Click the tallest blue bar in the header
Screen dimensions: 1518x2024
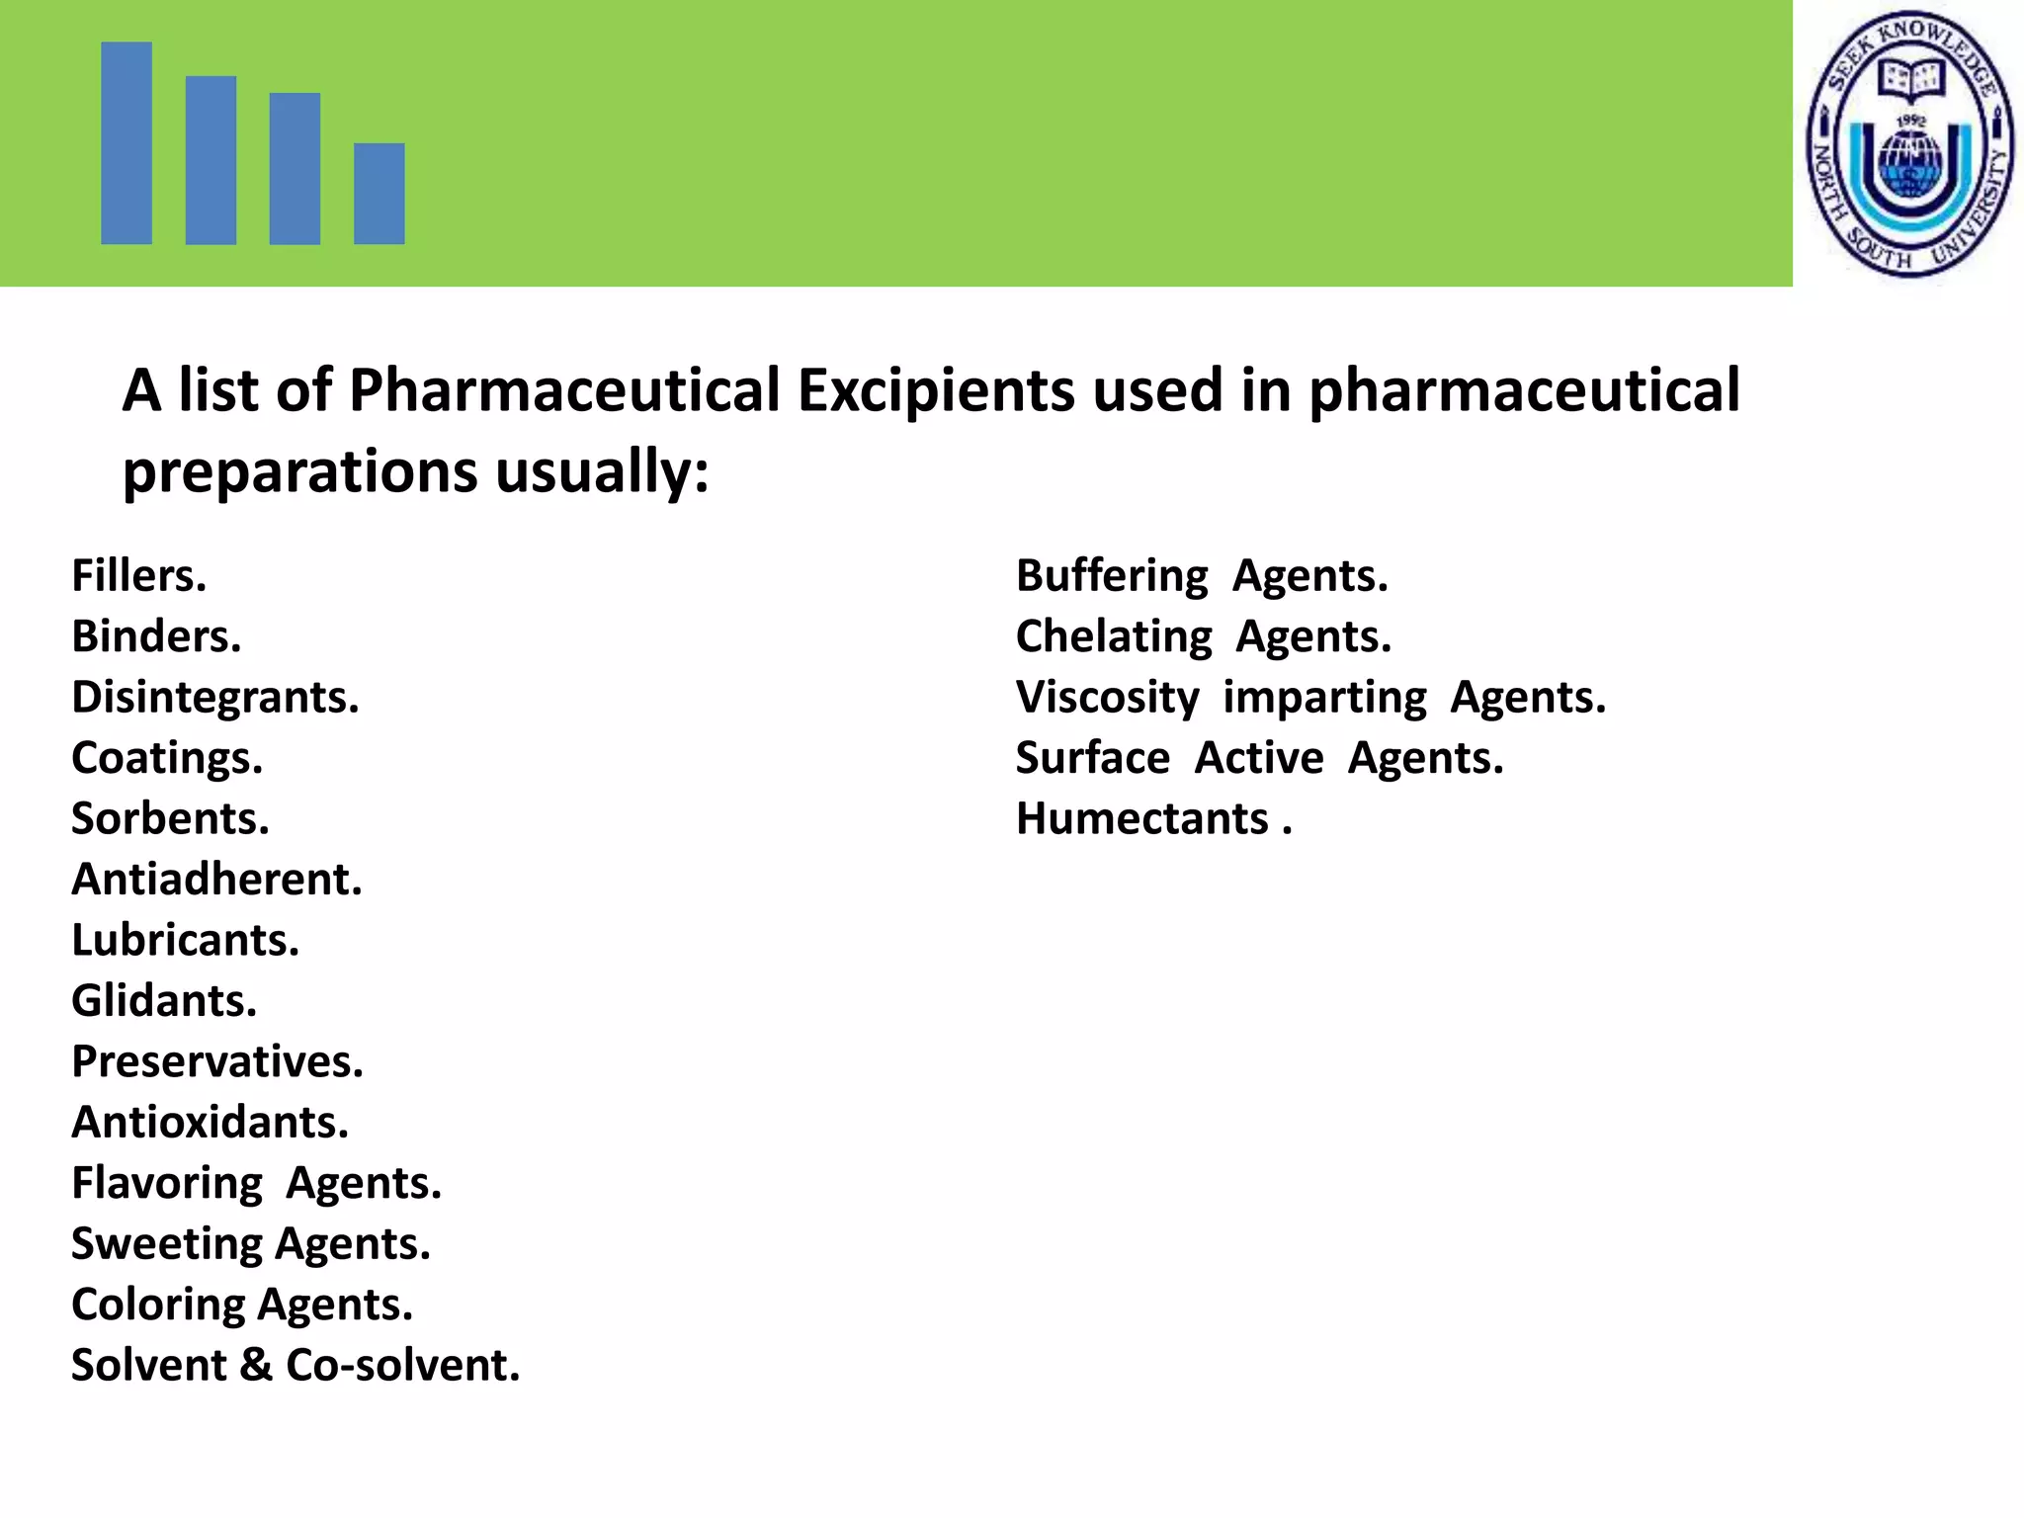[126, 142]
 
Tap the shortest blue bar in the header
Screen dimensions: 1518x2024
[379, 194]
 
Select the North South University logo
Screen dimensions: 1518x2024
[1909, 144]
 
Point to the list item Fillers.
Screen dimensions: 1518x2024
[139, 575]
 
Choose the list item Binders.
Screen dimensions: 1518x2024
[156, 636]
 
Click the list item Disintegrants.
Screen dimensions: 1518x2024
[215, 698]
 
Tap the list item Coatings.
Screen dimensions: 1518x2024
[167, 758]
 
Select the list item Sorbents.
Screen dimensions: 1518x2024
[170, 818]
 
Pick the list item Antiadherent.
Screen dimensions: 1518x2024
[217, 880]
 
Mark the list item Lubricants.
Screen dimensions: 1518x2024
[185, 940]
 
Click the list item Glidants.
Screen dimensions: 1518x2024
[164, 1001]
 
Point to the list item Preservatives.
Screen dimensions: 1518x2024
[217, 1061]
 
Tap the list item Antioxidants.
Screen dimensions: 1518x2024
[211, 1123]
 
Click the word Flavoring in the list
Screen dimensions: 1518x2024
[167, 1183]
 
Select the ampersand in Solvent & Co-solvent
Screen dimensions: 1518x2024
[255, 1365]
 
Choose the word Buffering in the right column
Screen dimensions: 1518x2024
[1112, 575]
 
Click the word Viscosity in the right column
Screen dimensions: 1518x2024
[1107, 698]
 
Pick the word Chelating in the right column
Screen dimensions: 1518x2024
[1114, 636]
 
